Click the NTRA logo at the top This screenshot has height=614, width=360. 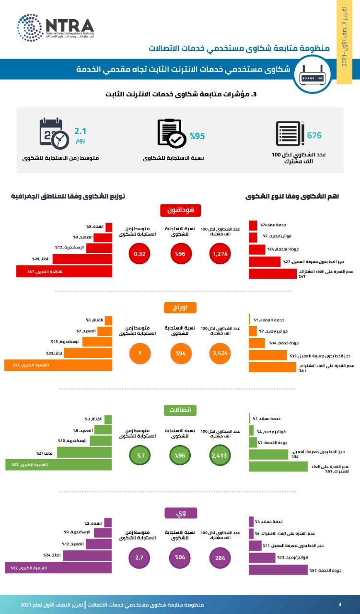coord(55,28)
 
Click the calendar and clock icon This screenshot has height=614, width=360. coord(54,132)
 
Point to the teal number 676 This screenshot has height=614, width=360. coord(314,135)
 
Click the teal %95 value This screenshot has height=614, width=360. coord(197,136)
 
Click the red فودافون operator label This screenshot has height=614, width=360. coord(180,210)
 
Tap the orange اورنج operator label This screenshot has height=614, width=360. coord(180,308)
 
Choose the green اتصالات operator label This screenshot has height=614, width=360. coord(180,410)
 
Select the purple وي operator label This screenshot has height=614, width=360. coord(180,513)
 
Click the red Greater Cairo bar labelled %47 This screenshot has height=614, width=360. coord(64,272)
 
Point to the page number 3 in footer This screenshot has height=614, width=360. coord(340,604)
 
